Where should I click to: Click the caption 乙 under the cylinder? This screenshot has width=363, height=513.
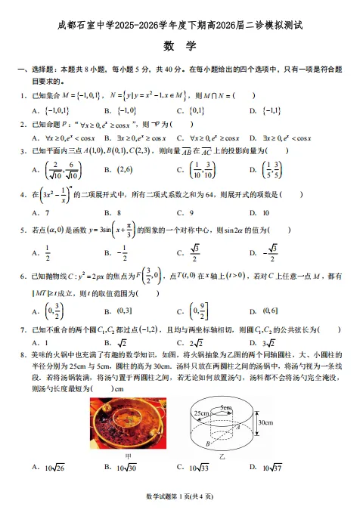pos(222,456)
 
